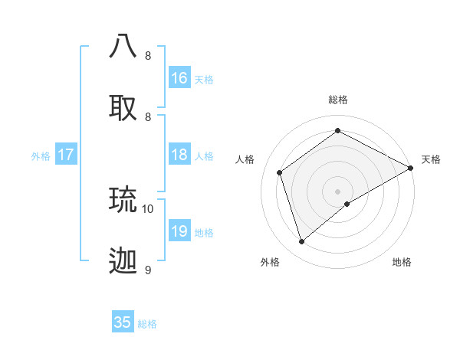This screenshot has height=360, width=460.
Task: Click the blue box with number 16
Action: tap(179, 78)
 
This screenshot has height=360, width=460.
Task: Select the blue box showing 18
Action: tap(179, 155)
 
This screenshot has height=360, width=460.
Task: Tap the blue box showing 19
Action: tap(179, 231)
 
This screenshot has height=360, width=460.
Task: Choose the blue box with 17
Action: tap(66, 155)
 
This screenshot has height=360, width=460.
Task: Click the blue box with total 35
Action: tap(123, 322)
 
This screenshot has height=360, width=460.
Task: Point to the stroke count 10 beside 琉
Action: tap(148, 208)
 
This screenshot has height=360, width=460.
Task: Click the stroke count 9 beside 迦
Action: tap(148, 270)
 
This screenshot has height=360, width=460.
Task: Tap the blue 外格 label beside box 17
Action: tap(41, 156)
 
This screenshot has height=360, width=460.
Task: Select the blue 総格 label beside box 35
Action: tap(147, 324)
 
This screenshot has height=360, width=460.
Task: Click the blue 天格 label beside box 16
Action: tap(204, 80)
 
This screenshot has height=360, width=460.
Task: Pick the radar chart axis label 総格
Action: tap(338, 100)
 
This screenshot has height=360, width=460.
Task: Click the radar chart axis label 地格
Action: tap(402, 262)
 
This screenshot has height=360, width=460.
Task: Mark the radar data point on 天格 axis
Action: tap(411, 168)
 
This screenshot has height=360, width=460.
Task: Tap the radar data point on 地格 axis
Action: tap(347, 204)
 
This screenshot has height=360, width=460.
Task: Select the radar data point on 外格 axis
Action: tap(301, 242)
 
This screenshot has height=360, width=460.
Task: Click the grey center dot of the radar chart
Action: tap(338, 191)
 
